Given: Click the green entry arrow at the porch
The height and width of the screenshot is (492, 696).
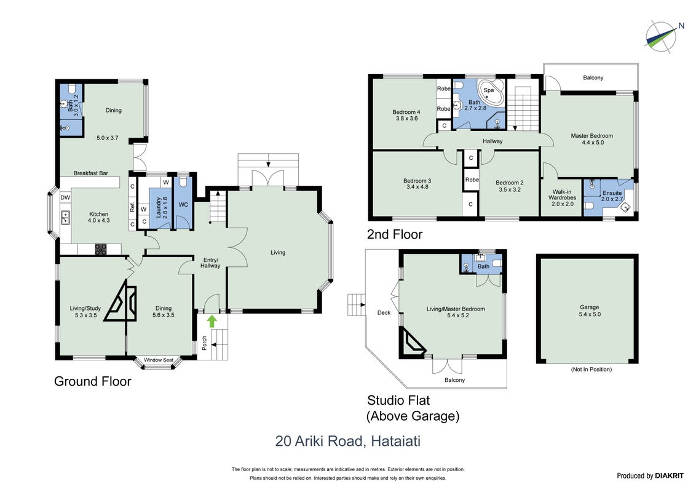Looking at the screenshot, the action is (212, 321).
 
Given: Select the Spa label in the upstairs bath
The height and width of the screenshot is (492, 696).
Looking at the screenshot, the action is (489, 90).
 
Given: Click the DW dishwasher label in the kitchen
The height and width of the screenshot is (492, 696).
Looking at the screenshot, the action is (65, 197).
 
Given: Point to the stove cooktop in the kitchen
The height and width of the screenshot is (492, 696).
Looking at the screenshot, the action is (101, 250).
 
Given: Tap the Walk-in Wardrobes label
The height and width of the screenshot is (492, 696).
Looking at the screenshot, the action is (562, 197).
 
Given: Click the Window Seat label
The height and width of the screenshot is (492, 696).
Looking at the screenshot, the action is (159, 360).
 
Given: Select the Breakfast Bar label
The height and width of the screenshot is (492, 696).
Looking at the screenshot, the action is (90, 173).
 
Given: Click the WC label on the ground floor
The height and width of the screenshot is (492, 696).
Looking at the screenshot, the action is (183, 205).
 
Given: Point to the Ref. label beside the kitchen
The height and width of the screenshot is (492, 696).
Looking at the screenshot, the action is (132, 207).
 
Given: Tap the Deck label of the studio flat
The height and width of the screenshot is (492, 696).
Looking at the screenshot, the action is (384, 312).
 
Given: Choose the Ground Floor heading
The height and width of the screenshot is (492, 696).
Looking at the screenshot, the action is (93, 381).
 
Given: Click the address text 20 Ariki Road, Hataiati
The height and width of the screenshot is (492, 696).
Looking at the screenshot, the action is (348, 441).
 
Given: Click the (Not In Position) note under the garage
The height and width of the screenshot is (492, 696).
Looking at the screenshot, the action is (591, 370).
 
